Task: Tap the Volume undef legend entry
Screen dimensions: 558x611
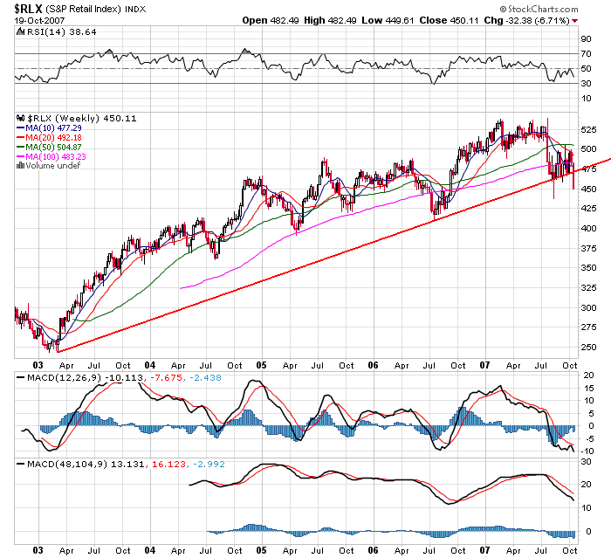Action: tap(54, 165)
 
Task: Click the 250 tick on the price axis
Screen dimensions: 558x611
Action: tap(591, 348)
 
